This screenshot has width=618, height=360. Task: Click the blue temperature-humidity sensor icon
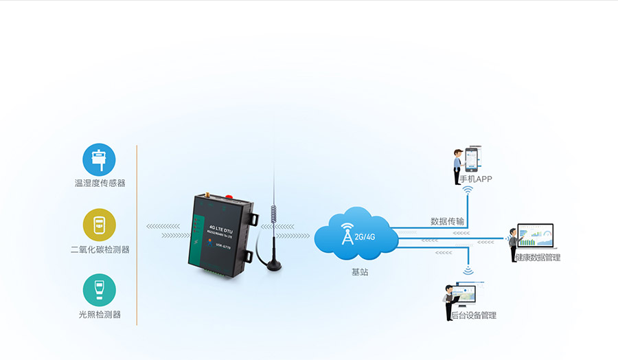click(100, 160)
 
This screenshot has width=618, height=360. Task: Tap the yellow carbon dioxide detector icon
click(100, 225)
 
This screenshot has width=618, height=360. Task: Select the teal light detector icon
click(100, 291)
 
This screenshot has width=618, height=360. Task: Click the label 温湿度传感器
click(100, 183)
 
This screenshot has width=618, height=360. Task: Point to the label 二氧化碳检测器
click(100, 249)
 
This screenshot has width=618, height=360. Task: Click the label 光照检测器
click(100, 315)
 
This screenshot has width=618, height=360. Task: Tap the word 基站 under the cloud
click(360, 273)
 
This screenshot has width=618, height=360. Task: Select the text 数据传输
click(447, 221)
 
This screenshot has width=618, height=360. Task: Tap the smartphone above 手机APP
click(472, 160)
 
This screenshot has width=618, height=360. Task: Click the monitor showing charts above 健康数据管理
click(535, 236)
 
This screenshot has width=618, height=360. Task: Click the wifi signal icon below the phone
click(468, 190)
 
